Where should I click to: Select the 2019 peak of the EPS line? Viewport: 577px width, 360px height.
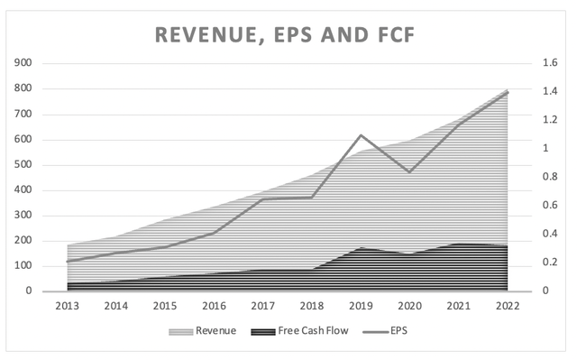tap(360, 135)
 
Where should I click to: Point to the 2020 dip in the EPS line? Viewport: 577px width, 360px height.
tap(409, 172)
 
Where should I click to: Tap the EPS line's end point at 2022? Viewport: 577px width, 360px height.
tap(507, 92)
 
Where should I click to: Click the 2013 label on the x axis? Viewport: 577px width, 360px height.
tap(67, 306)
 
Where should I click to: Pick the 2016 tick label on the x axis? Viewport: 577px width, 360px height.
tap(214, 306)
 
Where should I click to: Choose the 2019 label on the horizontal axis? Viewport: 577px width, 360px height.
tap(360, 306)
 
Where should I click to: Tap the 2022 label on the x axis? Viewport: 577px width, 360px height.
tap(507, 306)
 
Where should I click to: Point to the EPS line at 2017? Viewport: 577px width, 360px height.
tap(262, 198)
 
